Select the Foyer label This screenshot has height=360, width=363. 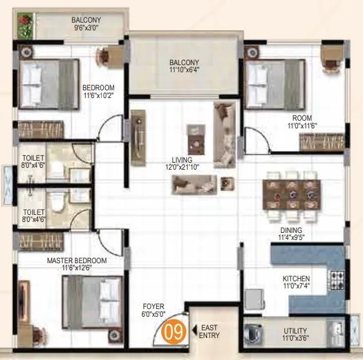point(153,312)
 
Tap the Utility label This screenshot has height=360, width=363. point(296,334)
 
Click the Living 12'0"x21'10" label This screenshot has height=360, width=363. point(185,163)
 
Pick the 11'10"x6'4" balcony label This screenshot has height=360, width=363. point(184,66)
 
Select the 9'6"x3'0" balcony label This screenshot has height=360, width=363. point(86,24)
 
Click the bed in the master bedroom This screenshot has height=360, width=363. point(92,298)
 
